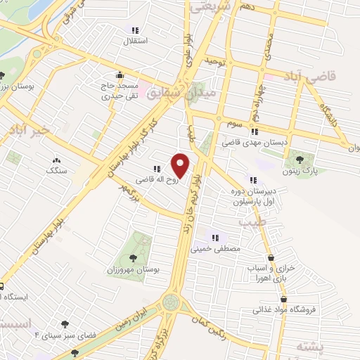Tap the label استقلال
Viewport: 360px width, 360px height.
click(x=134, y=41)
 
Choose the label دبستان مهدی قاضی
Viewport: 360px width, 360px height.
click(x=256, y=142)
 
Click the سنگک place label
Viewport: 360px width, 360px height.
click(x=57, y=170)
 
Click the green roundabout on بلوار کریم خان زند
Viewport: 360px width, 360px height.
click(x=170, y=303)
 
